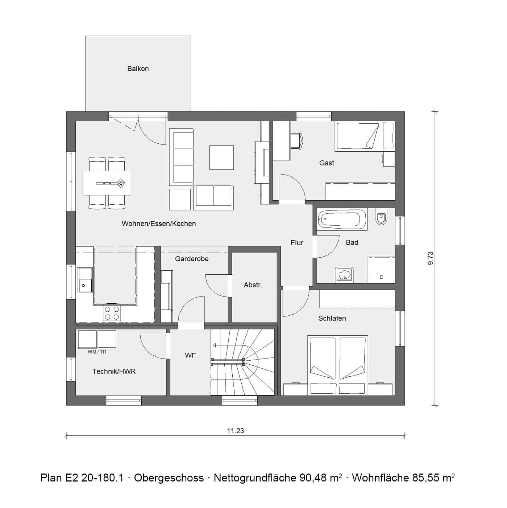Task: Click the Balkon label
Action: point(138,69)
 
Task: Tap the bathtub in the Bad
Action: point(340,219)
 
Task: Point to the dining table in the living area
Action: point(107,183)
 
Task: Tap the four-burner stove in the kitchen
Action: point(112,313)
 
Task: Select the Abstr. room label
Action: point(253,285)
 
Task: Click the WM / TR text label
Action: point(97,352)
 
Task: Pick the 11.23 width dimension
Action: point(236,431)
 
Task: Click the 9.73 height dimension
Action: point(431,258)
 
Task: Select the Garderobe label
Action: point(192,259)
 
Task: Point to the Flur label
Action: point(296,243)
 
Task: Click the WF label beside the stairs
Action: point(190,356)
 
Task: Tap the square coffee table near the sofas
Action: point(221,157)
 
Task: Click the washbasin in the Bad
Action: point(344,274)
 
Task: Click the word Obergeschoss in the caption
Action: point(169,478)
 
